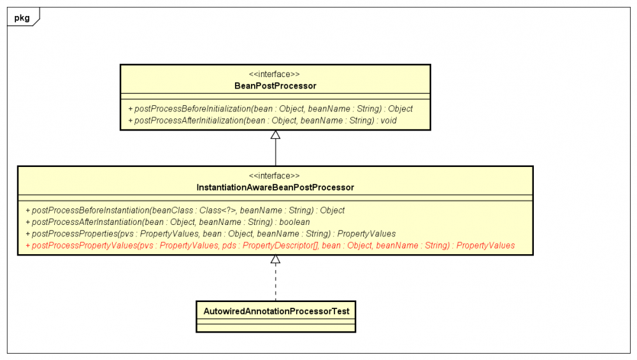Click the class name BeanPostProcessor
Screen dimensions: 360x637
point(275,85)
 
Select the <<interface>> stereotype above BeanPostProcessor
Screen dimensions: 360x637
point(275,74)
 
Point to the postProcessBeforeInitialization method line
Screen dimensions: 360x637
point(270,109)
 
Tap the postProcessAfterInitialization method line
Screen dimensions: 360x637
point(262,120)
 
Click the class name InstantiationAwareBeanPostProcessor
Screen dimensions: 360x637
point(275,187)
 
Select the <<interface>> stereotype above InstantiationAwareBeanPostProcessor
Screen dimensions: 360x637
point(275,176)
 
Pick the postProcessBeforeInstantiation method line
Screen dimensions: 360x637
point(185,210)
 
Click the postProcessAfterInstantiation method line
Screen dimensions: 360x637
point(168,222)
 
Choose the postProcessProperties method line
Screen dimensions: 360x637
point(210,234)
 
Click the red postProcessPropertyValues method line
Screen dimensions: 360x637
point(270,245)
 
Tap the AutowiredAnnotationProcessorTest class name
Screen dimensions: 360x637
point(275,310)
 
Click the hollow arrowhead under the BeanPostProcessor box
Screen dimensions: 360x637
point(275,134)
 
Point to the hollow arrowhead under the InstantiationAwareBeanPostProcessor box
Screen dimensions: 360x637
point(275,259)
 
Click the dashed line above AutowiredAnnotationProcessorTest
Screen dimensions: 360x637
point(275,284)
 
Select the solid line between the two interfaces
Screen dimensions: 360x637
point(275,153)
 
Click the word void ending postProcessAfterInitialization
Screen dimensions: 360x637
point(389,120)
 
